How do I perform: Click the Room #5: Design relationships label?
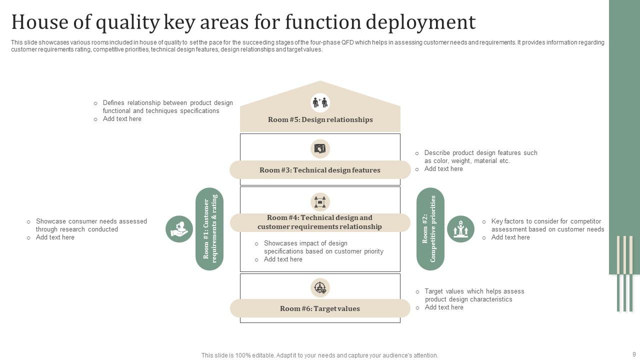pyautogui.click(x=320, y=119)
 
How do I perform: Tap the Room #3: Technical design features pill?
pyautogui.click(x=320, y=170)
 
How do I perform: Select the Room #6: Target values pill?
pyautogui.click(x=320, y=308)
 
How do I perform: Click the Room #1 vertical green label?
pyautogui.click(x=209, y=229)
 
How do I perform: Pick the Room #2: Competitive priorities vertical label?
pyautogui.click(x=430, y=229)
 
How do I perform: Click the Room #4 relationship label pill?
pyautogui.click(x=320, y=222)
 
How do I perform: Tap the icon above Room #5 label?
pyautogui.click(x=320, y=103)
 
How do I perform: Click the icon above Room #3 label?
pyautogui.click(x=320, y=148)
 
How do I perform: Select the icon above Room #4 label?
pyautogui.click(x=320, y=202)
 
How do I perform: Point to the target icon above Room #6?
pyautogui.click(x=320, y=287)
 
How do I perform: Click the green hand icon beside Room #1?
pyautogui.click(x=179, y=229)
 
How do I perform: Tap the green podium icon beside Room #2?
pyautogui.click(x=460, y=229)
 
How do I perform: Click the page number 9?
pyautogui.click(x=634, y=354)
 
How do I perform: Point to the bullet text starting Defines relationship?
pyautogui.click(x=167, y=107)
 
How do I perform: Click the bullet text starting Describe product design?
pyautogui.click(x=480, y=157)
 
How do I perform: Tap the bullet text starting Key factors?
pyautogui.click(x=547, y=225)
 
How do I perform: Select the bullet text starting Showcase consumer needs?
pyautogui.click(x=91, y=225)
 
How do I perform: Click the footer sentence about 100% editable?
pyautogui.click(x=320, y=355)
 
